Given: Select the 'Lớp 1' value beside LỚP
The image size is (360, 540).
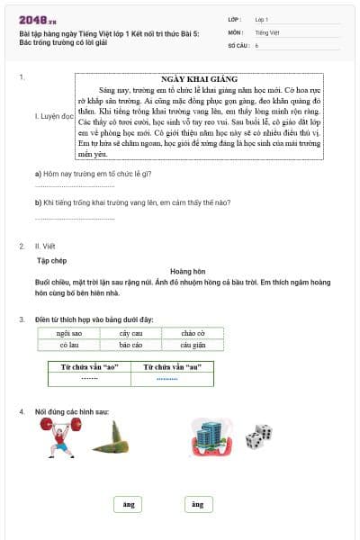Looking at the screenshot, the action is (262, 19).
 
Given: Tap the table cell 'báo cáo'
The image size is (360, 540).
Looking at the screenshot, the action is (130, 345).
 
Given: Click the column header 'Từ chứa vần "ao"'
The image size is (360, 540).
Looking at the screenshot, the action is (89, 367).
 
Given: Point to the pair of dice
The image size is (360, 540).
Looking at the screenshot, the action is (259, 437).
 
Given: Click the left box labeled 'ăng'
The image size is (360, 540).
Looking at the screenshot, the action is (129, 505).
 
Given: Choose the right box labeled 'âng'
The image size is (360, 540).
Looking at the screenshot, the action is (198, 505).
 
